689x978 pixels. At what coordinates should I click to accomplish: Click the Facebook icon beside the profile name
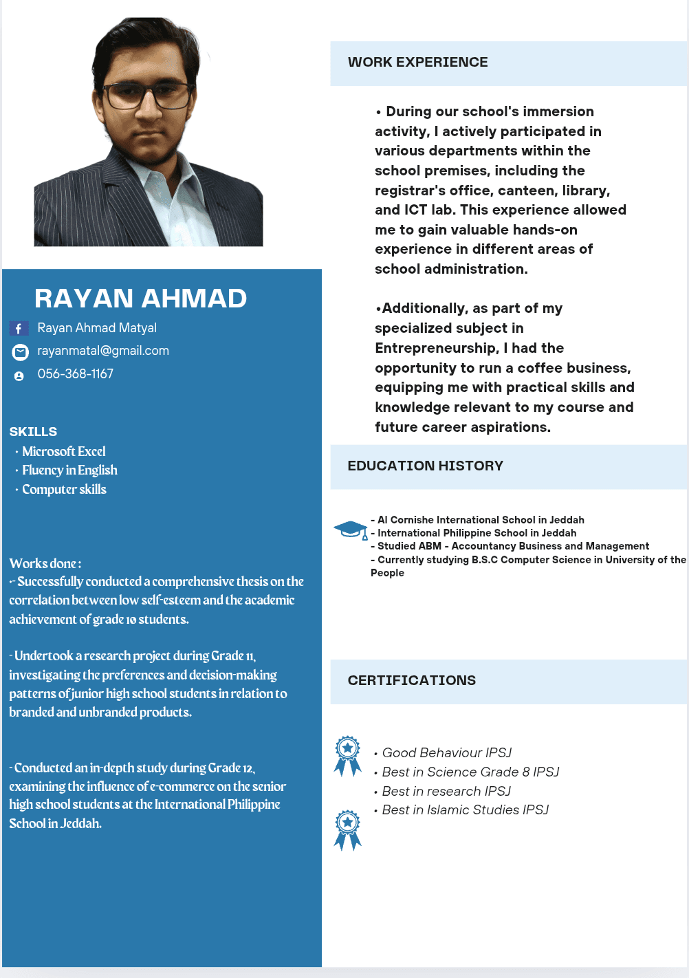click(x=19, y=329)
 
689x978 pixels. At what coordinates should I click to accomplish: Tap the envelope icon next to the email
click(x=21, y=352)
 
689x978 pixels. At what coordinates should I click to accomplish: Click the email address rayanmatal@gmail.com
click(x=103, y=351)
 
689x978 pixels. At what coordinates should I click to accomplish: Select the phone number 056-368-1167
click(x=75, y=373)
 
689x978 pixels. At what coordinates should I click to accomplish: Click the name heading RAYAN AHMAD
click(x=140, y=298)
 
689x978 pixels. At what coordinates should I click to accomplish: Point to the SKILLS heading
click(x=33, y=432)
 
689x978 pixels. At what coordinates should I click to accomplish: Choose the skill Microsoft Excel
click(x=64, y=451)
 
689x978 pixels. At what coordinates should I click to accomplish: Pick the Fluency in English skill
click(x=69, y=470)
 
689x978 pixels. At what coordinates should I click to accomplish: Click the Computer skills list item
click(x=64, y=490)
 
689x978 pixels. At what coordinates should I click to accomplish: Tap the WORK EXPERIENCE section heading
click(x=417, y=63)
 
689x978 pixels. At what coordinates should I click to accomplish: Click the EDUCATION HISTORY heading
click(x=425, y=466)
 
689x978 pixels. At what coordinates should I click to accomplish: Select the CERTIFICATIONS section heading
click(x=411, y=681)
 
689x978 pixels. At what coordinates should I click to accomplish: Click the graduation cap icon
click(x=351, y=530)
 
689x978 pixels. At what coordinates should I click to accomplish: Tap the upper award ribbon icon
click(x=348, y=756)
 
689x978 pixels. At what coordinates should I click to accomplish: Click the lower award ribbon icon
click(x=348, y=829)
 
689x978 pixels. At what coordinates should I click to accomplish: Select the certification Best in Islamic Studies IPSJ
click(x=466, y=810)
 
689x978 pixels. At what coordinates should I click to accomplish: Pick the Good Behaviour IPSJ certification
click(x=447, y=753)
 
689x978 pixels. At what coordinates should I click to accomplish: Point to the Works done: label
click(x=45, y=564)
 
